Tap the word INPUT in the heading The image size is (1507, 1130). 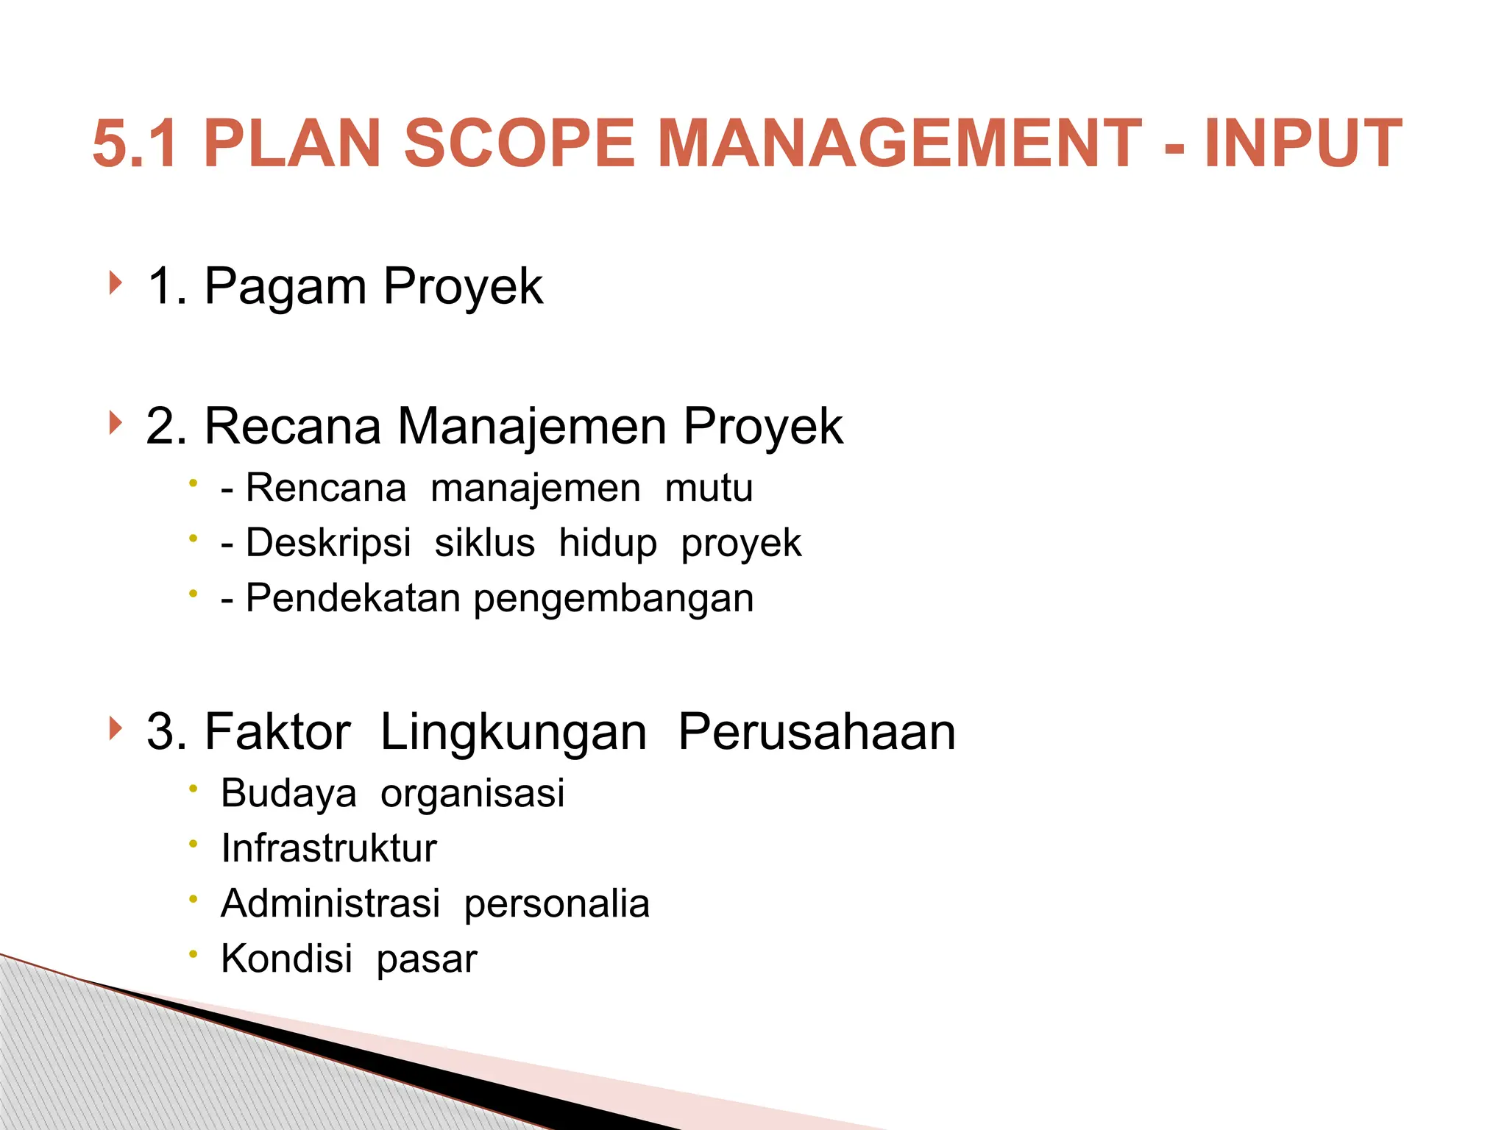pyautogui.click(x=1303, y=143)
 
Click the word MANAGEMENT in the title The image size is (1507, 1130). pyautogui.click(x=899, y=143)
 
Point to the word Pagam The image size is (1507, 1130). pyautogui.click(x=286, y=287)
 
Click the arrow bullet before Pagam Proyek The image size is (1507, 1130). pyautogui.click(x=114, y=282)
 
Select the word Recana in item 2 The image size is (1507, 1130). pyautogui.click(x=293, y=426)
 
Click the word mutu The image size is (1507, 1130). pyautogui.click(x=709, y=488)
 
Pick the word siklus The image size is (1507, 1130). pyautogui.click(x=484, y=544)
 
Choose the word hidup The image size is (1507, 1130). pyautogui.click(x=607, y=544)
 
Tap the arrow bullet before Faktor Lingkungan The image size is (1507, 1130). pyautogui.click(x=114, y=728)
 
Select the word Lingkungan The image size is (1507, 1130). pyautogui.click(x=514, y=733)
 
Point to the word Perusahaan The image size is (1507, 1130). pyautogui.click(x=817, y=732)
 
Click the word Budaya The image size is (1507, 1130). pyautogui.click(x=288, y=794)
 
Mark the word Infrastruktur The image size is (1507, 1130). pyautogui.click(x=329, y=848)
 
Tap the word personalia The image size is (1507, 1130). pyautogui.click(x=557, y=904)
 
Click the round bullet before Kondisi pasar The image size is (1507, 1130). pyautogui.click(x=194, y=954)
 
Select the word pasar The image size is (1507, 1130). pyautogui.click(x=427, y=960)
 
